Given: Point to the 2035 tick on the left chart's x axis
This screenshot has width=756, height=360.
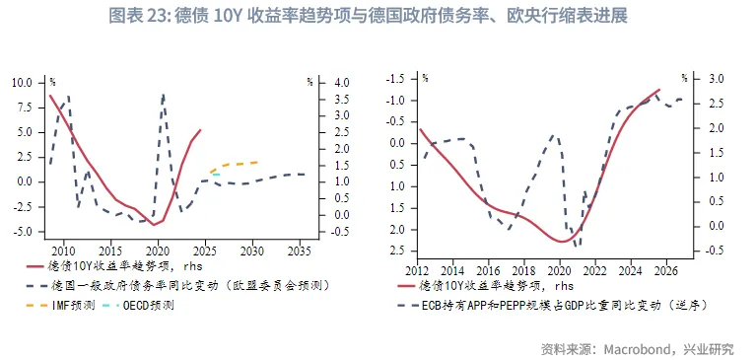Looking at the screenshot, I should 300,251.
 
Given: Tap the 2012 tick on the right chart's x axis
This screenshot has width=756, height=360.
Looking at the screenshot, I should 418,270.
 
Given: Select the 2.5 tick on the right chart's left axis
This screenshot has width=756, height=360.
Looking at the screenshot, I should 398,251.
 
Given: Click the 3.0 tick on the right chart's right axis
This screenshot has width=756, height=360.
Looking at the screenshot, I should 717,78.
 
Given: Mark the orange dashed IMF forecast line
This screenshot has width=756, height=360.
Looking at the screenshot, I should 237,164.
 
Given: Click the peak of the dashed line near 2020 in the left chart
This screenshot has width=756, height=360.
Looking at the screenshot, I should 163,94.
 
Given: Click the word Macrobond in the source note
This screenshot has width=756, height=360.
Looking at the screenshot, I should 634,347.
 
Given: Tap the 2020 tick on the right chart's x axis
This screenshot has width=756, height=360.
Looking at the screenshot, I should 561,270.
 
